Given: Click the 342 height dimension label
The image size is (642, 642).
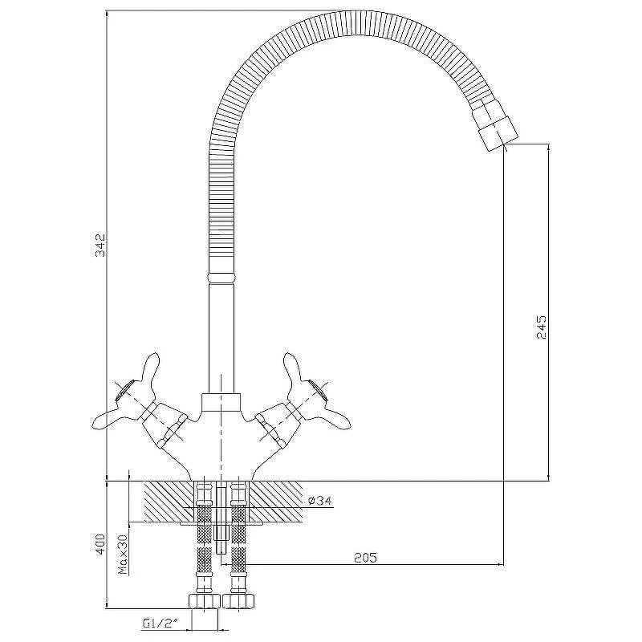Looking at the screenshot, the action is point(100,245).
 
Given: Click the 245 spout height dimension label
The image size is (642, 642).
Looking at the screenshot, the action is point(541,327).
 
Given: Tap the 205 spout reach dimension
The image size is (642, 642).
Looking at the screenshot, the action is point(365,557).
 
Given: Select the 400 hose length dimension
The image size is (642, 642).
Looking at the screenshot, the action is point(100,543).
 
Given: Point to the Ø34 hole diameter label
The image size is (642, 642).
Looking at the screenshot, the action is point(319,500).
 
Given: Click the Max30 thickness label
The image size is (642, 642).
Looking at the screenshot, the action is point(123,555).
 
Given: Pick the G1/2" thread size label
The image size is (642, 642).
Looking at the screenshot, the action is point(160,624).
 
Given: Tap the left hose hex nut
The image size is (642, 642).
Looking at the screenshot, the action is point(205,600).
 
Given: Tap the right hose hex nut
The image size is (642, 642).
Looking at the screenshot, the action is point(238,600).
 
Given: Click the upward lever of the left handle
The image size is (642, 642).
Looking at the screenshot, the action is point(149,370).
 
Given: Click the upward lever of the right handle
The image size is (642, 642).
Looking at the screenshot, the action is point(293,370).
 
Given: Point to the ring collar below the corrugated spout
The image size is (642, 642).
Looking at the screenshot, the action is point(222,278).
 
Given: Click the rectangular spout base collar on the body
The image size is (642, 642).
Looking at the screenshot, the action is point(221,402).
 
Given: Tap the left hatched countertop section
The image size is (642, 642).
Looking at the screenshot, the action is point(169,502).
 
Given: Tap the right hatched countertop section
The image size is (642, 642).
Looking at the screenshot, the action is point(276,502).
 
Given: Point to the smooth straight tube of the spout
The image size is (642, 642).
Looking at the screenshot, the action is point(222,339).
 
